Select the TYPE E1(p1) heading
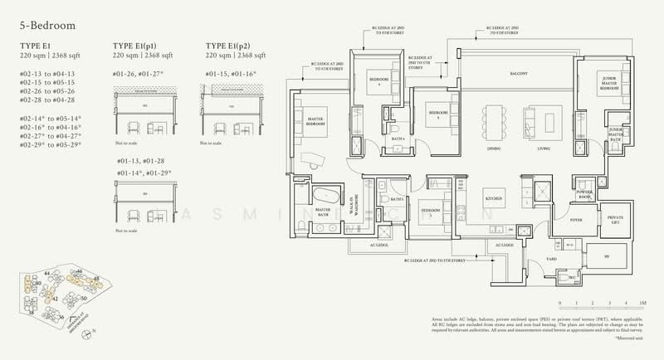pyautogui.click(x=139, y=46)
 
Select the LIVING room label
pyautogui.click(x=544, y=149)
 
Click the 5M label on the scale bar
pyautogui.click(x=643, y=304)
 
